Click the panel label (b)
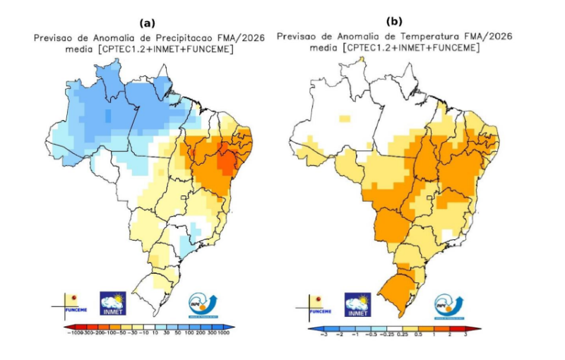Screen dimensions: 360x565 tap(393, 22)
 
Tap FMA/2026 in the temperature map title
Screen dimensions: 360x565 tap(488, 36)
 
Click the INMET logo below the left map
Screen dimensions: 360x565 tap(113, 304)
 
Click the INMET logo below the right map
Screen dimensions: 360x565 tap(357, 304)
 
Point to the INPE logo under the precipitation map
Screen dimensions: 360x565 tap(203, 304)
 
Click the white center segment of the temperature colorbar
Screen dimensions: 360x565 tap(394, 328)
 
